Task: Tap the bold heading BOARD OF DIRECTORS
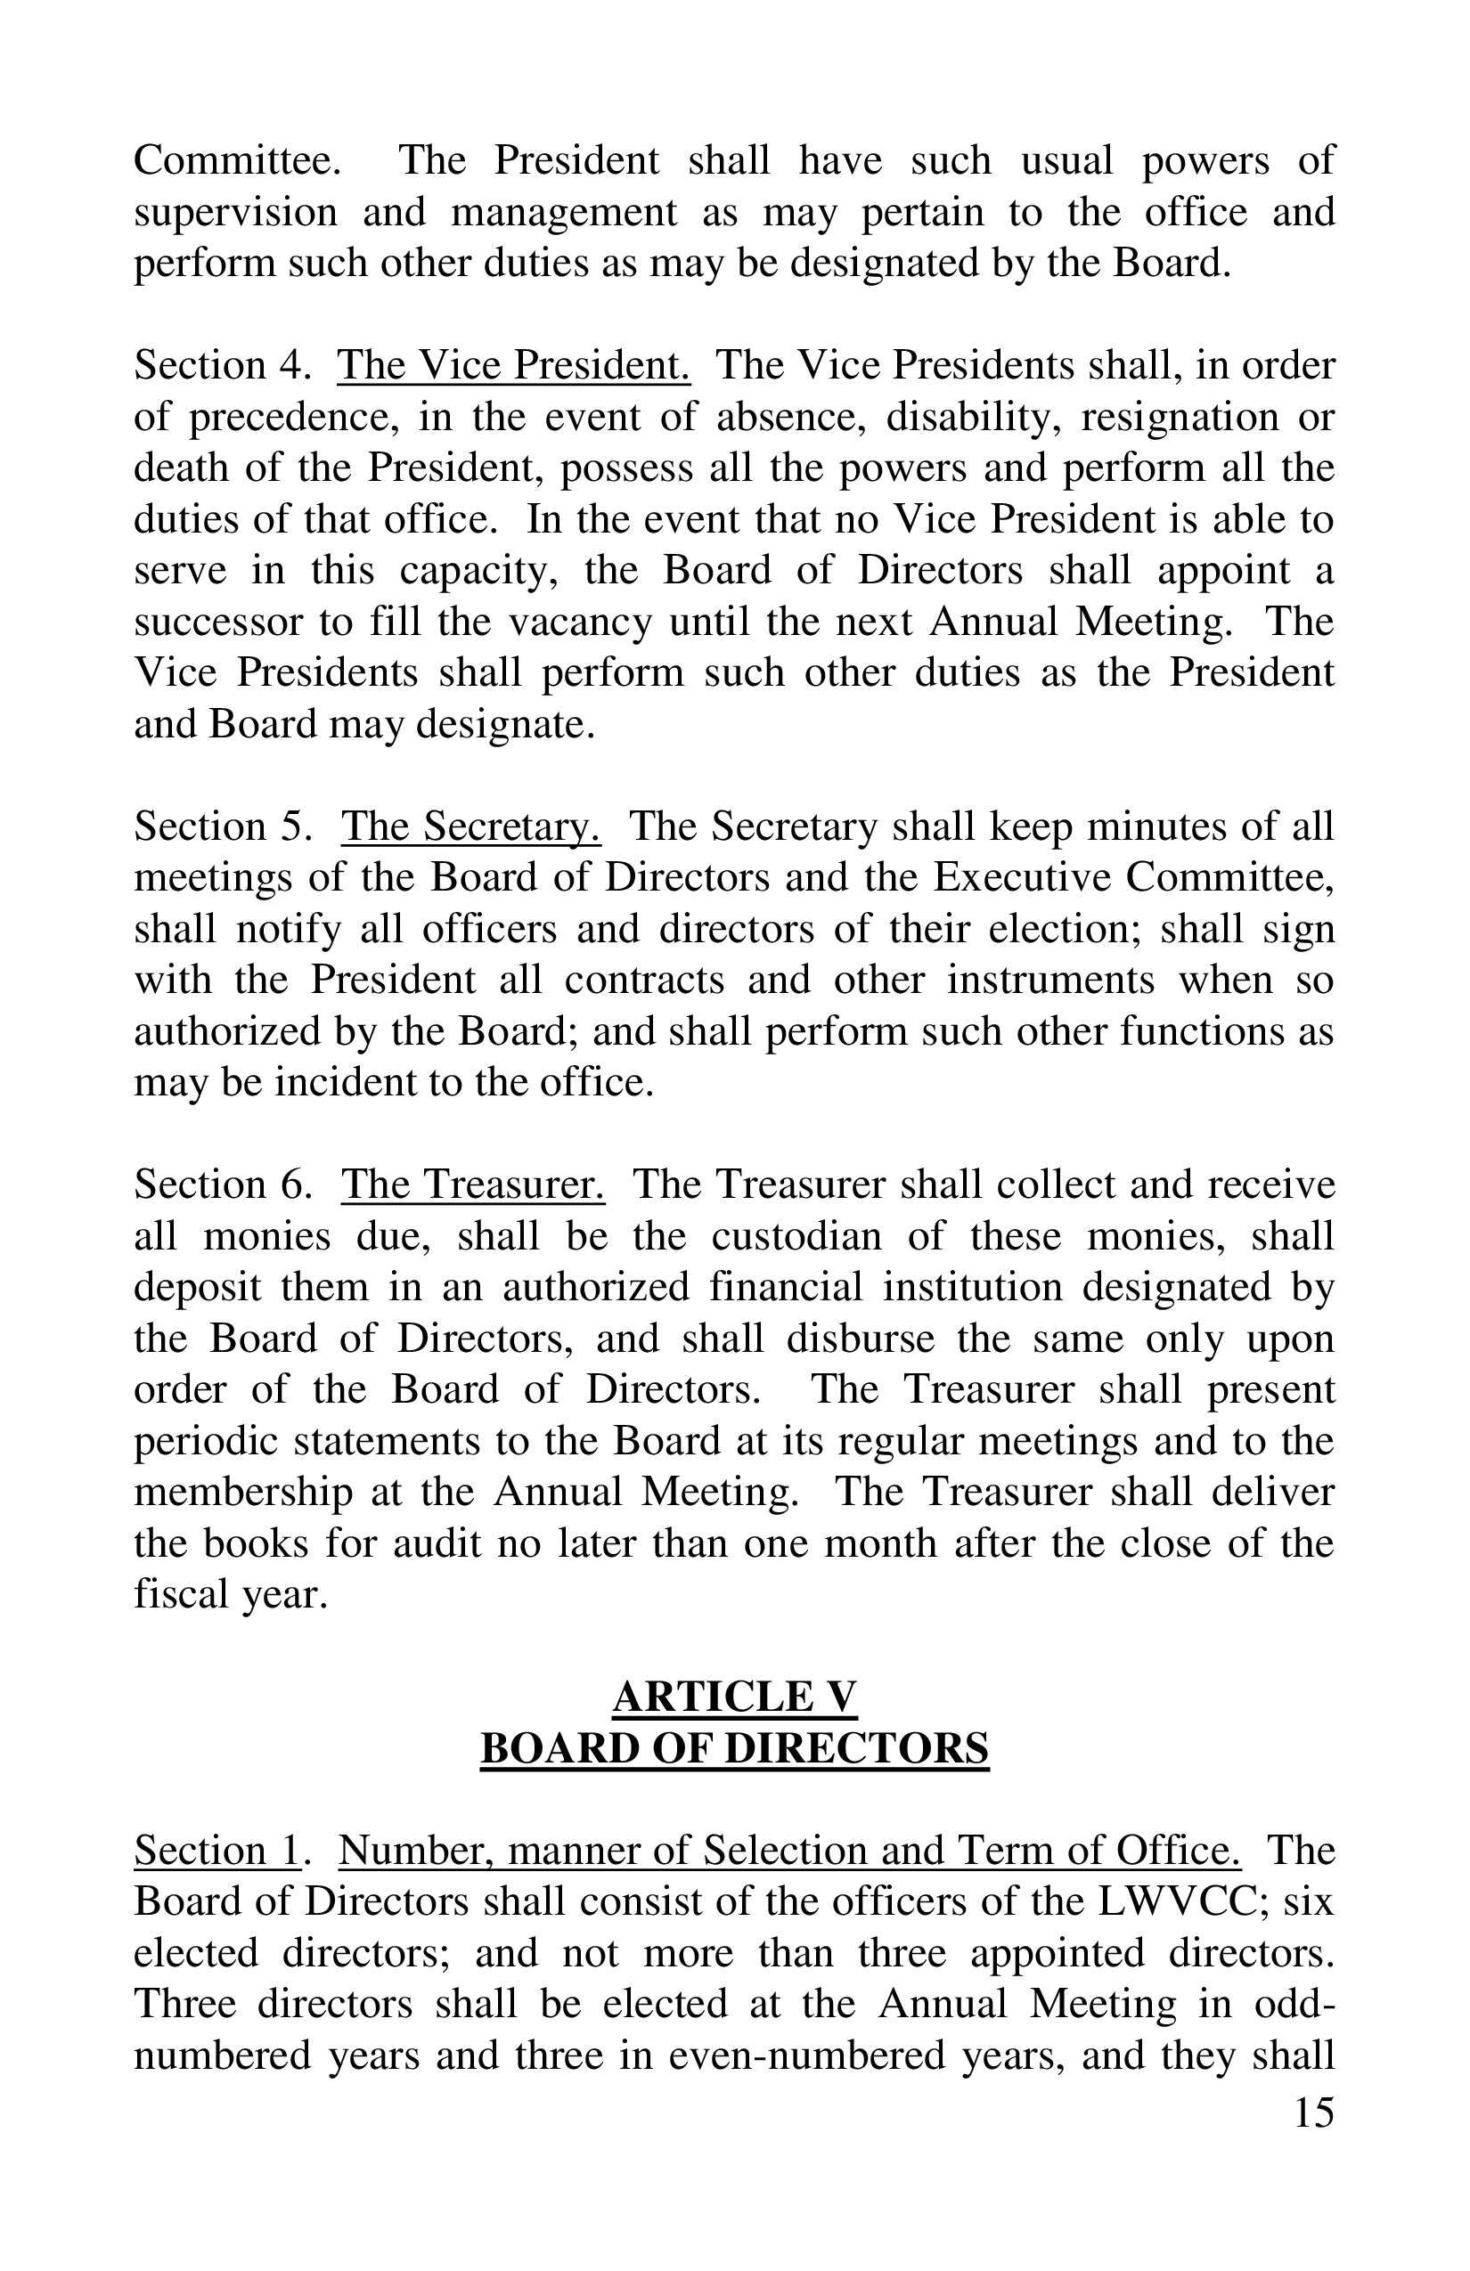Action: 734,1749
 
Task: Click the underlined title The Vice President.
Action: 512,365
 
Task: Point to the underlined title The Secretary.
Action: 470,826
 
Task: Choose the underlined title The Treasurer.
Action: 472,1185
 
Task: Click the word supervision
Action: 235,212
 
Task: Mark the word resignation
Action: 1176,417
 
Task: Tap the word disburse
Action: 860,1339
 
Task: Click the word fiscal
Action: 173,1594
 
